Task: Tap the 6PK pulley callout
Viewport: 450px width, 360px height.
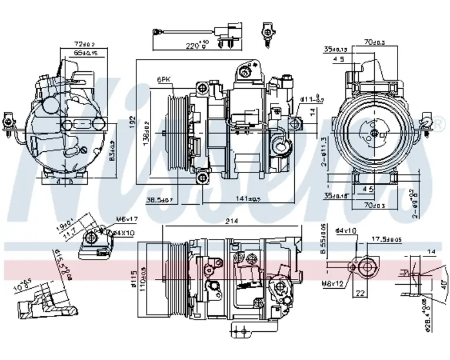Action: pyautogui.click(x=164, y=79)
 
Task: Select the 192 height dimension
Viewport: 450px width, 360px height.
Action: pyautogui.click(x=134, y=121)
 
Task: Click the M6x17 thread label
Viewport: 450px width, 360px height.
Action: pyautogui.click(x=125, y=219)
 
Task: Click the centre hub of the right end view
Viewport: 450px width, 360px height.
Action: pyautogui.click(x=375, y=134)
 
